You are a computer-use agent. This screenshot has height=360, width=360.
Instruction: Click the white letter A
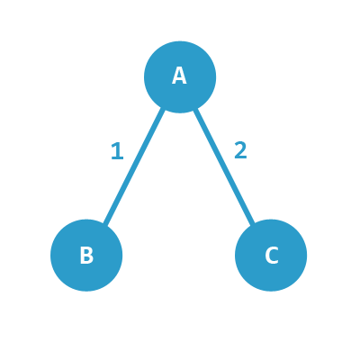(x=179, y=76)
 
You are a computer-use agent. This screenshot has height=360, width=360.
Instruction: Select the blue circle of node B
(x=86, y=255)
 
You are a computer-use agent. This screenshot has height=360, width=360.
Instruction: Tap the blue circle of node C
(x=271, y=255)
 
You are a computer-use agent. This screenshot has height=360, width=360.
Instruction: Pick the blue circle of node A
(x=180, y=76)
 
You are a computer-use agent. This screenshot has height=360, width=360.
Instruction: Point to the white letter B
(x=86, y=256)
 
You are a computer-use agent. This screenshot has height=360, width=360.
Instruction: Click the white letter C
(x=272, y=256)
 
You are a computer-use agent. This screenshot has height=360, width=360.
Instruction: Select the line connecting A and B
(x=134, y=166)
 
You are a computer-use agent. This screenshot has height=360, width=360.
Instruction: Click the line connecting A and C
(x=224, y=166)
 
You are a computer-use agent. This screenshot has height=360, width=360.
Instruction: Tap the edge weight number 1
(x=117, y=151)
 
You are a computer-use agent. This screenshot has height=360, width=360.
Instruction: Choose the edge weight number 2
(x=240, y=150)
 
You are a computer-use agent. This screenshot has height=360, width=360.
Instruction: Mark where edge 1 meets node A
(x=164, y=109)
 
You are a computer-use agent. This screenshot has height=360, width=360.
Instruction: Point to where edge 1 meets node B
(x=105, y=224)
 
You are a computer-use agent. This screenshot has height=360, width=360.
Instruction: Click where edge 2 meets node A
(x=195, y=109)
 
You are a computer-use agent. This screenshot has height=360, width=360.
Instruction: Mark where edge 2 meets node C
(x=254, y=223)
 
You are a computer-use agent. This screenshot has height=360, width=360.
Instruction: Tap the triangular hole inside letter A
(x=179, y=75)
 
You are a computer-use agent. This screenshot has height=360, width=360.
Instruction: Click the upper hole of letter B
(x=87, y=252)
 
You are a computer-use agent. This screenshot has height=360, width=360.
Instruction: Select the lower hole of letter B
(x=87, y=259)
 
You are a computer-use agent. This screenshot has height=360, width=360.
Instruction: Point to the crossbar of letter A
(x=179, y=79)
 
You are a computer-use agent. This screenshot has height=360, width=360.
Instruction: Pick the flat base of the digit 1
(x=117, y=157)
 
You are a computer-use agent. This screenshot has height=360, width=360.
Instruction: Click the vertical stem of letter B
(x=83, y=256)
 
